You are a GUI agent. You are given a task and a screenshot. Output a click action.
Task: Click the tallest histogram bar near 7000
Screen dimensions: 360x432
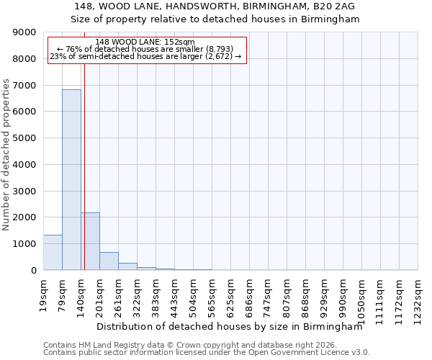(x=71, y=180)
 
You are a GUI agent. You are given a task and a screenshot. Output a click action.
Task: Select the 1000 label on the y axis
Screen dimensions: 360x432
(x=25, y=244)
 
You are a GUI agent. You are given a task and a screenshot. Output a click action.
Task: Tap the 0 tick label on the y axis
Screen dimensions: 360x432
(x=33, y=271)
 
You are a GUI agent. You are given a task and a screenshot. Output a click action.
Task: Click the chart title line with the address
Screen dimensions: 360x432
(x=215, y=6)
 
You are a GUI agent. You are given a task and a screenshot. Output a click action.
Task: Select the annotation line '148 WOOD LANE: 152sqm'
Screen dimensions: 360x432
(x=145, y=42)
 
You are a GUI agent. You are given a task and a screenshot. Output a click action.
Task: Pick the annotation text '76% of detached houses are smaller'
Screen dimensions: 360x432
(x=146, y=49)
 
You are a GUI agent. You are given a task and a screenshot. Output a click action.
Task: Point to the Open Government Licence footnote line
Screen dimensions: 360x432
(x=207, y=353)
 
